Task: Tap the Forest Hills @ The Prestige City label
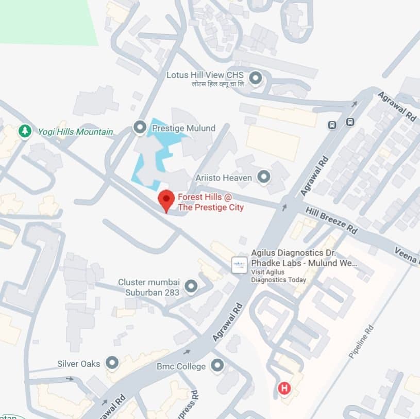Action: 210,202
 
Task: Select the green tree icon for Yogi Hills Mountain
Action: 24,131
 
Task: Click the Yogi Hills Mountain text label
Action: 75,132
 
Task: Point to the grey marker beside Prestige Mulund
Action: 139,127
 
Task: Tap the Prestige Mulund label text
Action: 183,127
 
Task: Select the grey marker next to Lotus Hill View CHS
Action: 255,78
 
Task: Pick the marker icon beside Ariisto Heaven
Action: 264,177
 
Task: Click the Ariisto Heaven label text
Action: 224,178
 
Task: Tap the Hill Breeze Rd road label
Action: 331,220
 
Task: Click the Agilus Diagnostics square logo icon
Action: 238,265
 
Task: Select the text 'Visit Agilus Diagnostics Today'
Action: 278,276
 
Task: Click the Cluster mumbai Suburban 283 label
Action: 148,287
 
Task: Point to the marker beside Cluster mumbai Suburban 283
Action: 191,286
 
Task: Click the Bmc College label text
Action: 181,366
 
